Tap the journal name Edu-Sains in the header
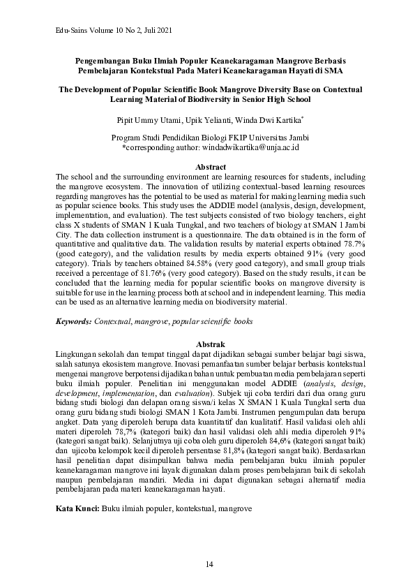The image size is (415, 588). (x=72, y=31)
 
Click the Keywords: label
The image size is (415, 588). (x=73, y=322)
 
